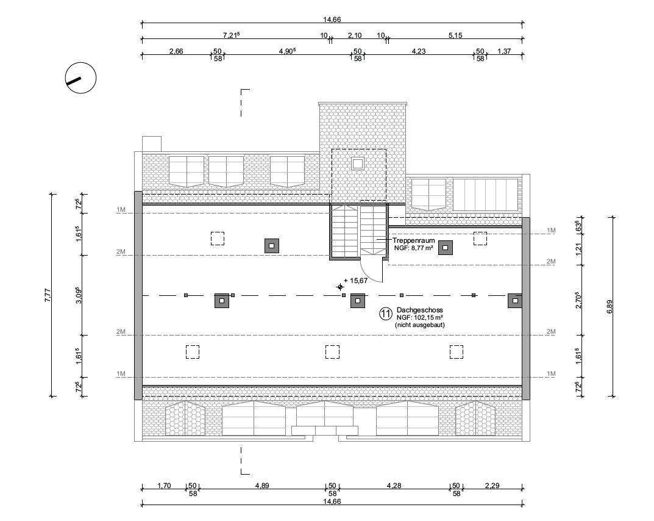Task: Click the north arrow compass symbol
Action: [81, 78]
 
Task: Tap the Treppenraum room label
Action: [413, 240]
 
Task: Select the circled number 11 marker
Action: [386, 314]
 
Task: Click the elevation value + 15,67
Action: [356, 281]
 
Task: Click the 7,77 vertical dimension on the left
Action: [48, 295]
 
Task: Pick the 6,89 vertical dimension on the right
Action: [610, 307]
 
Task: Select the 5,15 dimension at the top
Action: [455, 35]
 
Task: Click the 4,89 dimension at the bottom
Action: [262, 486]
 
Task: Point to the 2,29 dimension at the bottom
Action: [492, 486]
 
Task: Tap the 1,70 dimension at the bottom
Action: [164, 486]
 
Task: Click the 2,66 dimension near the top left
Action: [176, 51]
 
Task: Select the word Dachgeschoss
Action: [419, 310]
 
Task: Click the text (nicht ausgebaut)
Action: [419, 325]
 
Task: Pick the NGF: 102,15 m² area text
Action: [419, 317]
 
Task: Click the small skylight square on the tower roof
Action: [357, 163]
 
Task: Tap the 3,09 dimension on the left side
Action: [79, 295]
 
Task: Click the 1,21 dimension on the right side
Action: [578, 250]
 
